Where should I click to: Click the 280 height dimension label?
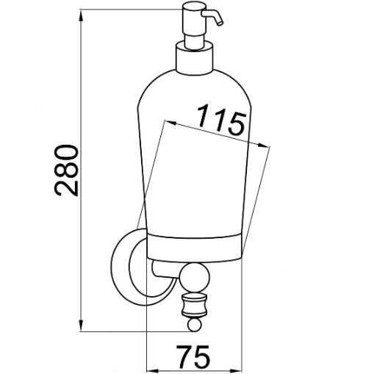66,170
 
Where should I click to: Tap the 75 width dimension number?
193,356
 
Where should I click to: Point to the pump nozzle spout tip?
221,24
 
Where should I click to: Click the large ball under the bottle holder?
194,278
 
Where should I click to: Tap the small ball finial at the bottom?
195,325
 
